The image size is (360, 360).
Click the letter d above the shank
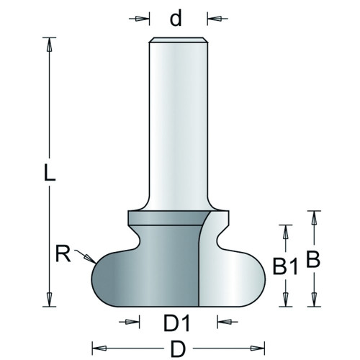(176, 18)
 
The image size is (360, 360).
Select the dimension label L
(50, 172)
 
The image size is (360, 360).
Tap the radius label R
(63, 253)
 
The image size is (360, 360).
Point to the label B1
(285, 266)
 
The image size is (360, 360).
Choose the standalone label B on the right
(313, 259)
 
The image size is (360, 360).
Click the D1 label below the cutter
(176, 323)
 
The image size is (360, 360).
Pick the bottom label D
(178, 349)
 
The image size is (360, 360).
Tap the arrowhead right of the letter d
(214, 19)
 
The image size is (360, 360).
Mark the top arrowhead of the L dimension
(49, 45)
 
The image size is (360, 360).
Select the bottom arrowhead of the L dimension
(49, 300)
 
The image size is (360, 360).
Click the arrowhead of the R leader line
(89, 258)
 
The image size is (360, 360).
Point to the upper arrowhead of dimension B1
(285, 232)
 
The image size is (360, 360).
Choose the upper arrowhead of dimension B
(314, 218)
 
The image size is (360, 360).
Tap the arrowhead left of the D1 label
(132, 322)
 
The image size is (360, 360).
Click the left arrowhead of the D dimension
(99, 348)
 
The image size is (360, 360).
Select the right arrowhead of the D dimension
(257, 348)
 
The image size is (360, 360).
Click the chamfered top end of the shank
(179, 40)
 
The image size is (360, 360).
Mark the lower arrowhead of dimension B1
(285, 300)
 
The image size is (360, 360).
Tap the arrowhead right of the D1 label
(225, 322)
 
